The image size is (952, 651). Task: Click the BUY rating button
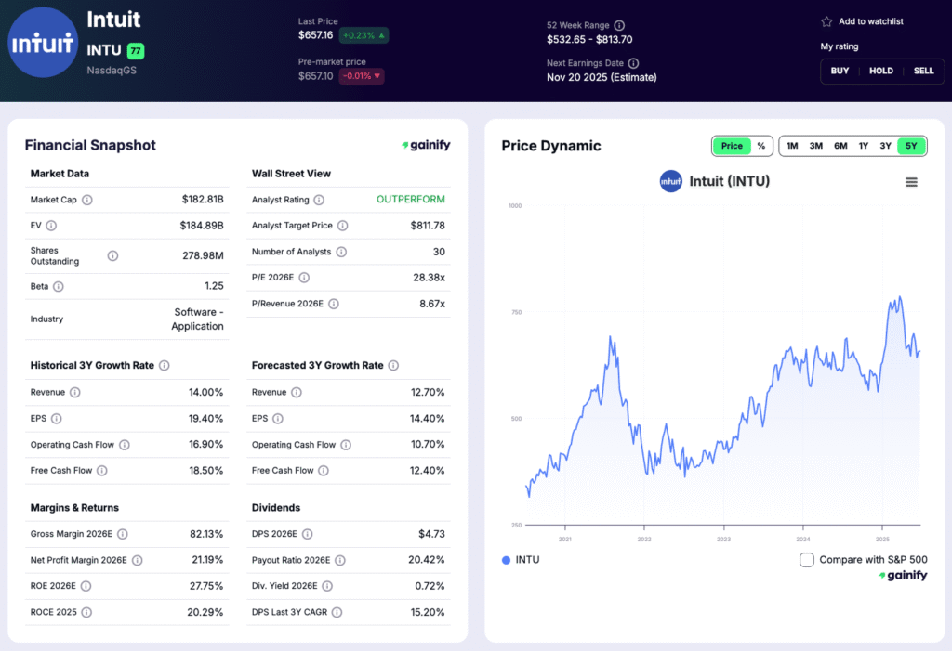(x=840, y=71)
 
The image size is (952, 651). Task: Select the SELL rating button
(x=923, y=71)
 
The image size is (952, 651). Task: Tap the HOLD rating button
(x=880, y=71)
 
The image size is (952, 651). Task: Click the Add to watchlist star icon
(x=826, y=21)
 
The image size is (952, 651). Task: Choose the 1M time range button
(x=792, y=146)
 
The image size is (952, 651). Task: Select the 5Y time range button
(x=912, y=146)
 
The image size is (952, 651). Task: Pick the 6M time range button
(x=840, y=146)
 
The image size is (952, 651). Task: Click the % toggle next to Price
(x=761, y=146)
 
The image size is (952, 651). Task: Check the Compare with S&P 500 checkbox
(x=807, y=560)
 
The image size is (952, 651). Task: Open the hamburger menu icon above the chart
(x=911, y=182)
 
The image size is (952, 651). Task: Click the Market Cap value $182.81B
(x=203, y=200)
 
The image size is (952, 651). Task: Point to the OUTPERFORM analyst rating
(x=410, y=200)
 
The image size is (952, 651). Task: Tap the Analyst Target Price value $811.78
(x=428, y=226)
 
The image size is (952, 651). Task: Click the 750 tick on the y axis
(x=515, y=312)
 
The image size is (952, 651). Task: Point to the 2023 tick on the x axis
(x=723, y=539)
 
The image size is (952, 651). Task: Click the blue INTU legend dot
(x=506, y=560)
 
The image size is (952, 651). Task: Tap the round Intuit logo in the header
(x=42, y=43)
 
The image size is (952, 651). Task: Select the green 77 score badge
(x=136, y=50)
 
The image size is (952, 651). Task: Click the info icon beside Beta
(x=59, y=287)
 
